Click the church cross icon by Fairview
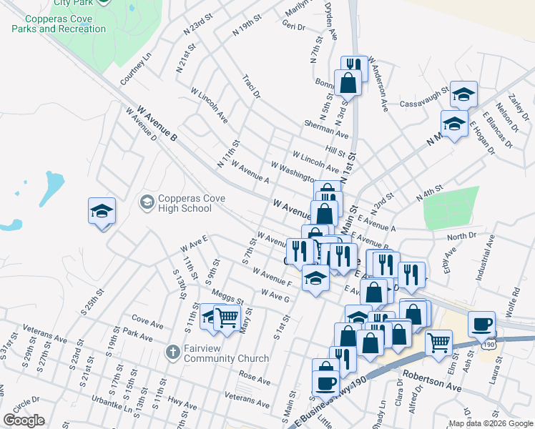(172, 352)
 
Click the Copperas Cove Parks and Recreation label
(59, 24)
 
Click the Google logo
(24, 420)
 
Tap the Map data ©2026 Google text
(490, 423)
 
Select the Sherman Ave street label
(326, 129)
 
